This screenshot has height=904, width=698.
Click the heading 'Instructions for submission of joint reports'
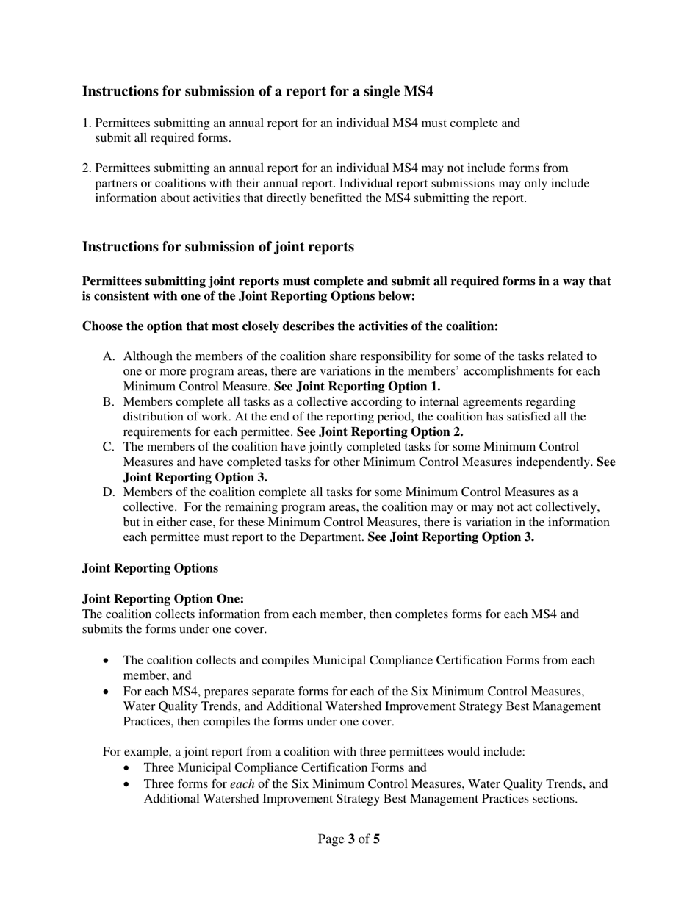pos(217,247)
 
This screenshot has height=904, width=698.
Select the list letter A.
pos(109,356)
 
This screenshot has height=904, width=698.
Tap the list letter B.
pos(109,402)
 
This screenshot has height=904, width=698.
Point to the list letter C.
pos(109,447)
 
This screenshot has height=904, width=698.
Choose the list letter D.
pos(109,492)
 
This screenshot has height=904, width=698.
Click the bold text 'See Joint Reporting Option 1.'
pos(357,387)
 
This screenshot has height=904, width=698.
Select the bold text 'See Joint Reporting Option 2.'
pos(380,432)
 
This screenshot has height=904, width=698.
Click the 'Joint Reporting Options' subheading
pos(150,568)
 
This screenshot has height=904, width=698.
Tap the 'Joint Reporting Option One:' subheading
pos(162,599)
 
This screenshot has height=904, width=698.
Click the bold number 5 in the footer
pos(376,839)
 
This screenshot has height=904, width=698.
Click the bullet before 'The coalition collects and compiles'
pos(107,661)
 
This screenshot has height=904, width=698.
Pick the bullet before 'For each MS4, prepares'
pos(107,692)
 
